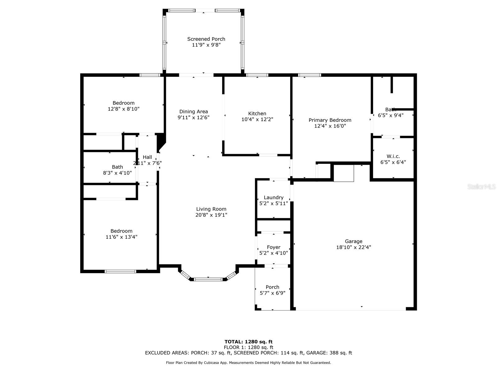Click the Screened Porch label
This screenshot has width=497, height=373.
click(x=206, y=39)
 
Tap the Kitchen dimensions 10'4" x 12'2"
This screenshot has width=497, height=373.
click(x=257, y=119)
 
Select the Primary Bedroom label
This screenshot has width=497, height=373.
click(x=330, y=120)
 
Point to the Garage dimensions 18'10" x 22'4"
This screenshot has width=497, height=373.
click(x=353, y=247)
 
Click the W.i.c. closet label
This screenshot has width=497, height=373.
click(x=393, y=156)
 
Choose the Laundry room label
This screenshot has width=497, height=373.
click(x=273, y=197)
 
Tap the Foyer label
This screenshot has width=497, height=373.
click(x=273, y=247)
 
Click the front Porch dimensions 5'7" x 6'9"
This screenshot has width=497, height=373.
click(x=272, y=293)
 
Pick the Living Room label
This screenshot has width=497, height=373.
click(x=211, y=209)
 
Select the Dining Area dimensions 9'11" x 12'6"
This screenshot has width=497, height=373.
click(x=194, y=117)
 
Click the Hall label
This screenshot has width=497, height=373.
click(x=147, y=157)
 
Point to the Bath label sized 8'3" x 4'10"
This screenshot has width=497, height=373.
click(x=117, y=167)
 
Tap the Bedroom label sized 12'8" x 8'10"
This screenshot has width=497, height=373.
click(x=123, y=103)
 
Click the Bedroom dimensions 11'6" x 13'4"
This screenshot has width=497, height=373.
click(x=121, y=237)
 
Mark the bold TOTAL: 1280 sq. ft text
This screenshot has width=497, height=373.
click(x=248, y=342)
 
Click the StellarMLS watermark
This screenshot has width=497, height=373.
click(x=481, y=186)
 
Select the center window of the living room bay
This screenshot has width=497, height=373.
click(x=208, y=279)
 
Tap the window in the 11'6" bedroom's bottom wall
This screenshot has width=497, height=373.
click(x=121, y=271)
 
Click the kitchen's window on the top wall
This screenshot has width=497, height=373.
click(x=257, y=75)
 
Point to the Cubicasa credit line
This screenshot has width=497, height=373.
click(x=248, y=362)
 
